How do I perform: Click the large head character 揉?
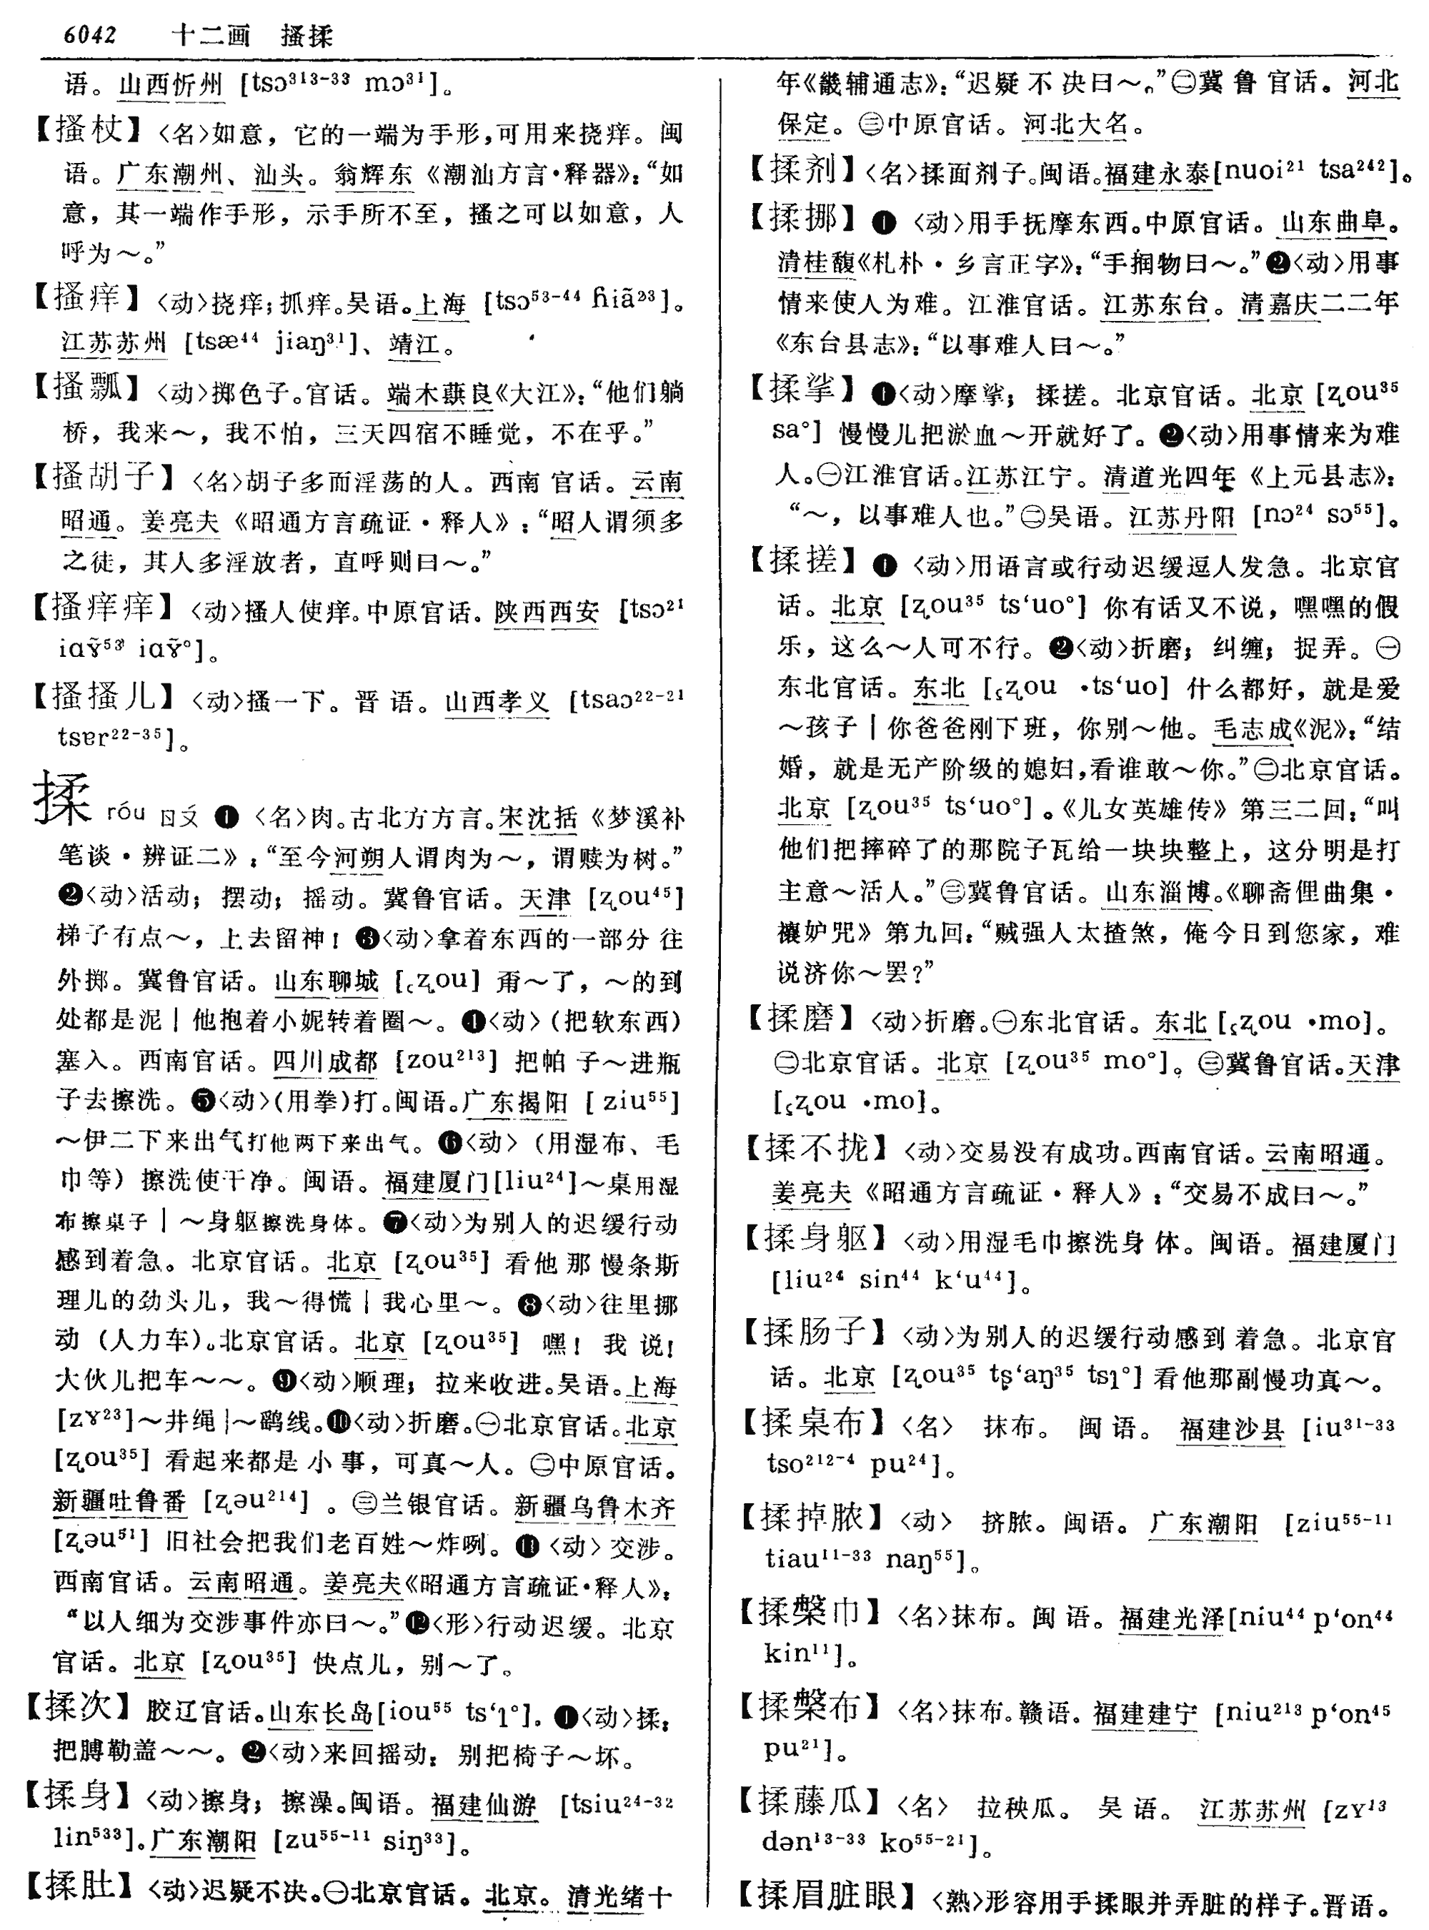point(62,799)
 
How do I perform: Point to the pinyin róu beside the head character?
point(126,813)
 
